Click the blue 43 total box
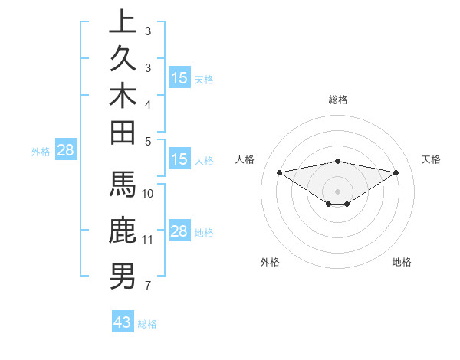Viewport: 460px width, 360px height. tap(123, 322)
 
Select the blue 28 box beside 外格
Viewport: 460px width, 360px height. tap(65, 151)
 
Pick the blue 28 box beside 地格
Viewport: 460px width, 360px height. tap(179, 231)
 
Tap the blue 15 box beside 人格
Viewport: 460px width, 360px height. tap(179, 159)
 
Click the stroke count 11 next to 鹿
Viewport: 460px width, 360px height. tap(147, 240)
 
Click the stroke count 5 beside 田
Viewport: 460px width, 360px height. tap(147, 141)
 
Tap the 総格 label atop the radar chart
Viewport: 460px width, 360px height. tap(338, 100)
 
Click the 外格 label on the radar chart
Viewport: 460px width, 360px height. tap(270, 262)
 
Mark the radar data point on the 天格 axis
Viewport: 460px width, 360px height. tap(396, 172)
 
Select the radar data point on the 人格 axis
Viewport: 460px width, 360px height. tap(279, 172)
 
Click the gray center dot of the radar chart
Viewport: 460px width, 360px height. tap(338, 191)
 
